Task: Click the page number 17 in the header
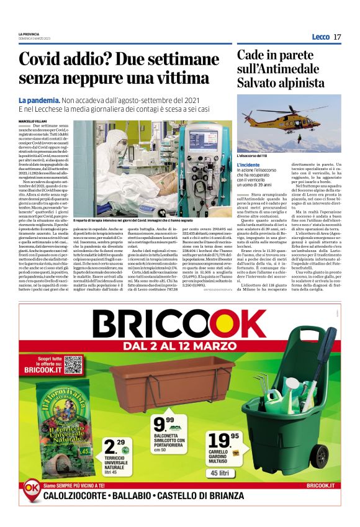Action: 337,37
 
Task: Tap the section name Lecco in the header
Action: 320,37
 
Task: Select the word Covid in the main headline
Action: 43,60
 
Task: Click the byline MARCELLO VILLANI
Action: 34,121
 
